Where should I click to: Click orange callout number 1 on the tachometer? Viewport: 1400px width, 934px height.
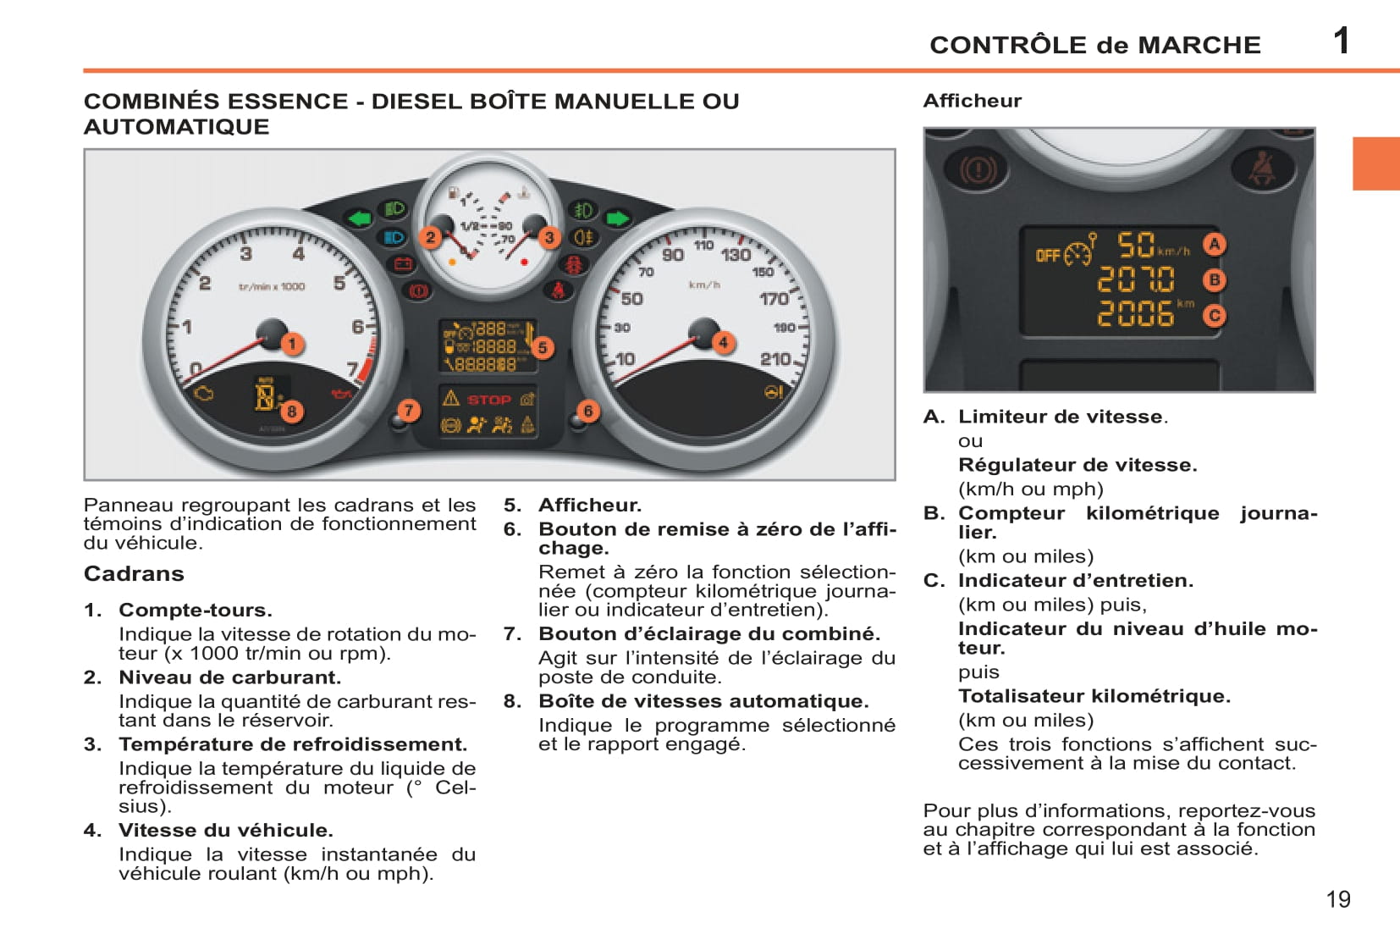[x=292, y=344]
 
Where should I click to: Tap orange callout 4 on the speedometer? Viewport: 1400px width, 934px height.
[x=723, y=343]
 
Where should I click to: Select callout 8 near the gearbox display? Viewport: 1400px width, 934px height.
[x=291, y=412]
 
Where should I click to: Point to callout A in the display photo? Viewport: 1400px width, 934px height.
[x=1215, y=245]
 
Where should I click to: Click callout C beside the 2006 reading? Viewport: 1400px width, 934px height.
[x=1215, y=316]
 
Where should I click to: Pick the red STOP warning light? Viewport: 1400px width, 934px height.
[x=488, y=400]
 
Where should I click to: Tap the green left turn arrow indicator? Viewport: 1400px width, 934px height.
[x=360, y=218]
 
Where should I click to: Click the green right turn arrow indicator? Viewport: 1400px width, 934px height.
[x=618, y=218]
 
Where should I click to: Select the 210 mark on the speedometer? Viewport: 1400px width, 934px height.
[x=774, y=359]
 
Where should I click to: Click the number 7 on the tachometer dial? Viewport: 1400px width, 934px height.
[x=353, y=369]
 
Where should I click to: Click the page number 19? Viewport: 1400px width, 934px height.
[x=1338, y=899]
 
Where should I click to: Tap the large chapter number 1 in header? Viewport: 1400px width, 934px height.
[x=1341, y=41]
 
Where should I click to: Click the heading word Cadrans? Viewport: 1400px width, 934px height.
[x=134, y=574]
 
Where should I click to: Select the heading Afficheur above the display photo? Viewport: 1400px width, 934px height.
[x=972, y=101]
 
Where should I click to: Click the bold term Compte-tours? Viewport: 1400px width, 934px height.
[x=196, y=611]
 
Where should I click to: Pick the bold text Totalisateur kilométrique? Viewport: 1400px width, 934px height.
[x=1094, y=696]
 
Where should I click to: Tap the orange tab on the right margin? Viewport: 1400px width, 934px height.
[x=1375, y=163]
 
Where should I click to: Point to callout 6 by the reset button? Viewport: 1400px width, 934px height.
[x=587, y=412]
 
